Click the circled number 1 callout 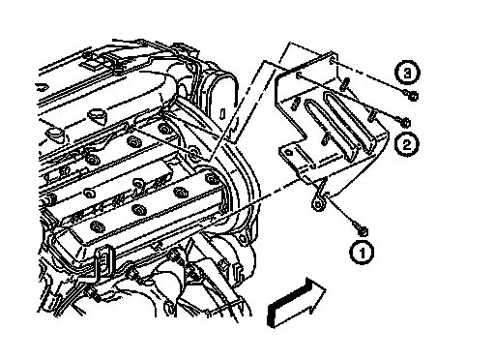click(x=362, y=252)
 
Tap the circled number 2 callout click(x=407, y=144)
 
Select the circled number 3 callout click(x=407, y=73)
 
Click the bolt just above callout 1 click(x=360, y=228)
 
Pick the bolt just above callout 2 click(x=403, y=121)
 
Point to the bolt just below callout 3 click(x=411, y=95)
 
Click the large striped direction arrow click(x=297, y=302)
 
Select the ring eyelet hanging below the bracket click(x=318, y=204)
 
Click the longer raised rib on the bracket click(x=349, y=124)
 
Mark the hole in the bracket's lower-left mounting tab click(x=288, y=152)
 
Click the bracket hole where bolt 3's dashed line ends click(x=333, y=59)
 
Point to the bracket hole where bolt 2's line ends click(x=299, y=75)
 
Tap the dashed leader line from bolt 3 click(x=368, y=75)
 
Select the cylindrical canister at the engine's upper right click(x=222, y=99)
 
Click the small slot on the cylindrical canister click(x=222, y=114)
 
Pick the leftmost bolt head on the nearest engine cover click(x=96, y=226)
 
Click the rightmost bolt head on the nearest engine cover click(x=212, y=178)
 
